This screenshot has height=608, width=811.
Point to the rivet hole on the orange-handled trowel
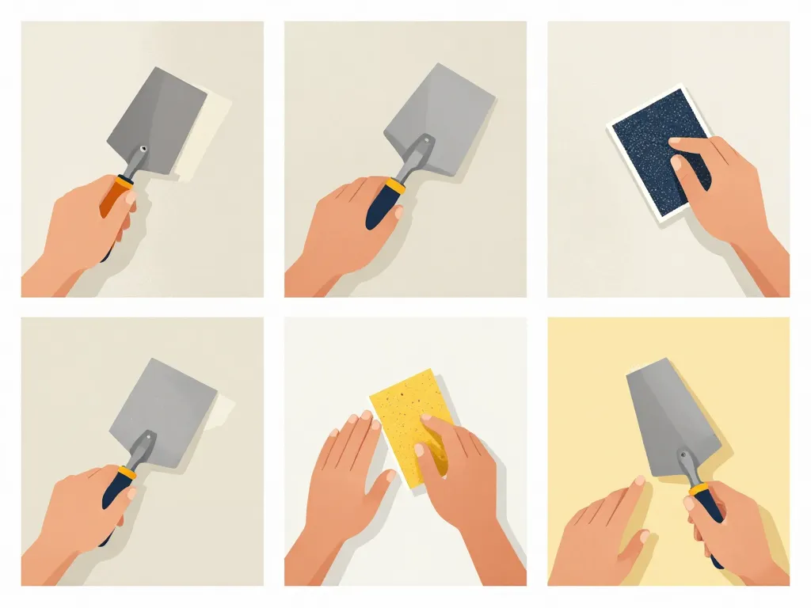[x=143, y=149]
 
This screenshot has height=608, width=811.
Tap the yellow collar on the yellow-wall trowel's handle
[x=697, y=489]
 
